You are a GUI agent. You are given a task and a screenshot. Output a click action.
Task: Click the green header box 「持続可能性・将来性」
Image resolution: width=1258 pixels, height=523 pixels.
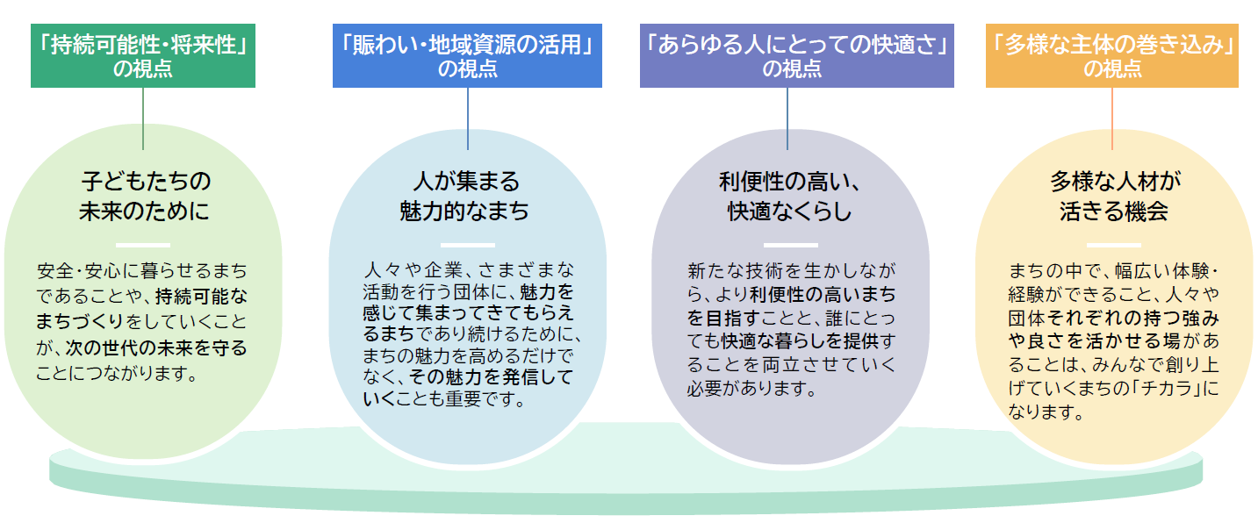pos(143,56)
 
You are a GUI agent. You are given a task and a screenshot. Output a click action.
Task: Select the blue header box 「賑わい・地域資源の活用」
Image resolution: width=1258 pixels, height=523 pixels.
pos(467,56)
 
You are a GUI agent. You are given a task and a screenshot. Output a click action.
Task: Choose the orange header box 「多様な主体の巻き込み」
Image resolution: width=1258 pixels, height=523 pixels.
pos(1111,56)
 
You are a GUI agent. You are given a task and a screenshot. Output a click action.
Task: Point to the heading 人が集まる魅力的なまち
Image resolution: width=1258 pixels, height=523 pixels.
pos(466,197)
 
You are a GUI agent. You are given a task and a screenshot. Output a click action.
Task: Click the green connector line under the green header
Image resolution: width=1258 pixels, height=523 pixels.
pos(143,118)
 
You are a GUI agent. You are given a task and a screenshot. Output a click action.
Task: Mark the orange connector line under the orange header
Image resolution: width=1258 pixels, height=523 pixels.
pos(1112,118)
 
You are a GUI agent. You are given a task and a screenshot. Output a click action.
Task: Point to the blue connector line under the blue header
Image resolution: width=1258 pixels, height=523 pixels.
pos(467,118)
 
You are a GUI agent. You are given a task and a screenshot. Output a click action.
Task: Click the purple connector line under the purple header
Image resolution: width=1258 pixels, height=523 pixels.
pos(787,118)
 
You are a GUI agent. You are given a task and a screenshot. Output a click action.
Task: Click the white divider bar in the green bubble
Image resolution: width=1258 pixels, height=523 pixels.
pos(142,245)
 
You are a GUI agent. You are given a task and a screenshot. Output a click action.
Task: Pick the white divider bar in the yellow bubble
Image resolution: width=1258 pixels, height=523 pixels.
pos(1113,245)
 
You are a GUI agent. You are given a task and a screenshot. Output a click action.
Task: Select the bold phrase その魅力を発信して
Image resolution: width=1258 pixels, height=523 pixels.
pos(491,378)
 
